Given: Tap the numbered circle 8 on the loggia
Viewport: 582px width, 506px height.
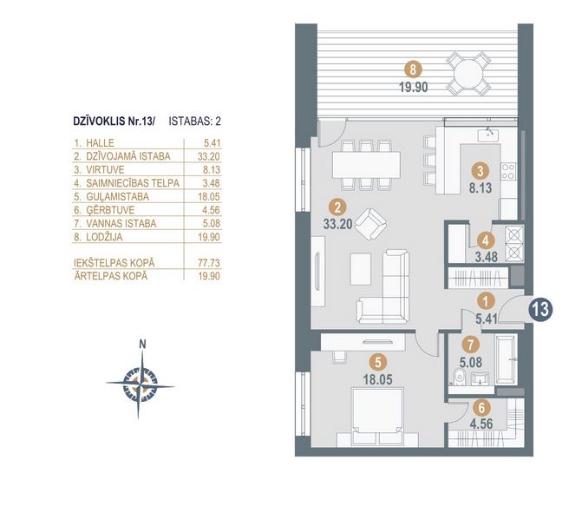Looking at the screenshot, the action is (x=414, y=69).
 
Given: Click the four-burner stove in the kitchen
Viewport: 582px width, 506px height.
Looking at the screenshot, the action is (x=508, y=171).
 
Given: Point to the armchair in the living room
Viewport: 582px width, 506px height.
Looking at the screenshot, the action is (x=371, y=224).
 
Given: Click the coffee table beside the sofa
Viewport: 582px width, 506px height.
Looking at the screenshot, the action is (x=360, y=269).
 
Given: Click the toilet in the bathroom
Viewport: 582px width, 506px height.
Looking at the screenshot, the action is (x=459, y=378).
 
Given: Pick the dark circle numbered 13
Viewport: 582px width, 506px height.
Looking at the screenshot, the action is (x=541, y=309).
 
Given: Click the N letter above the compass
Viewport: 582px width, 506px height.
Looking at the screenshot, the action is (x=142, y=345).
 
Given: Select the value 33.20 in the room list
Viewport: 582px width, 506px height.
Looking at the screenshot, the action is (x=208, y=156).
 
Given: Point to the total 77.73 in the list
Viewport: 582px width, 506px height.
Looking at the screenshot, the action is (x=208, y=263).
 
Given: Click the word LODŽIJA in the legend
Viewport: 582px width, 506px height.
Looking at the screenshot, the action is (x=104, y=237).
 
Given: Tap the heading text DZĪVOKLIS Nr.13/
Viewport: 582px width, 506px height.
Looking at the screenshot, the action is (x=114, y=122).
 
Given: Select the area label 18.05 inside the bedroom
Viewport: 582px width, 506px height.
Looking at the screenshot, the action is (x=378, y=379).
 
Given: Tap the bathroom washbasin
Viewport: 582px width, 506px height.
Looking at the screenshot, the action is (x=481, y=379).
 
